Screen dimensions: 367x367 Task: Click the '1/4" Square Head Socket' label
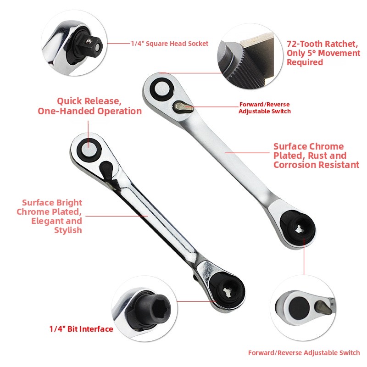click(169, 44)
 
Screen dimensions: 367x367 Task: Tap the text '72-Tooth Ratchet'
click(322, 44)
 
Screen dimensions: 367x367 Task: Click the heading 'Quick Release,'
click(89, 101)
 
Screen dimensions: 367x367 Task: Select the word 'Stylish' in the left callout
click(68, 230)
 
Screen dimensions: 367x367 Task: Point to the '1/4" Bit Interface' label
click(81, 329)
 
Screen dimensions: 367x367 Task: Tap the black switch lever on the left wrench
click(106, 169)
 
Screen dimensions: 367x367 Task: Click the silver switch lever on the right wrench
click(184, 106)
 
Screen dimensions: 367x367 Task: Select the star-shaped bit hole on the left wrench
click(227, 292)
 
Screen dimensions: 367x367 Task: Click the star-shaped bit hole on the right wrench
click(298, 229)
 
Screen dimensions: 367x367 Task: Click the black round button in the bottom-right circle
click(299, 308)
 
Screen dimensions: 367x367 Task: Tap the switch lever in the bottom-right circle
click(323, 307)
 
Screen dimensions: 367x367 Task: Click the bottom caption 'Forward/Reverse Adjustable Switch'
click(304, 353)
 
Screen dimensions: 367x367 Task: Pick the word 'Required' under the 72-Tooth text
click(305, 62)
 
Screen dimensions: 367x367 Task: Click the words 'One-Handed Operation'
click(89, 111)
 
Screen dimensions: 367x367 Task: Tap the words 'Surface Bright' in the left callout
click(52, 202)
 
